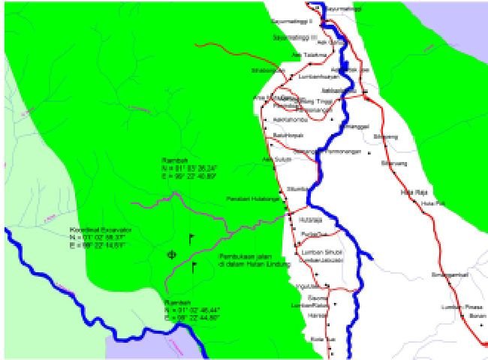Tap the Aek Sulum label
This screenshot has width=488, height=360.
tap(274, 159)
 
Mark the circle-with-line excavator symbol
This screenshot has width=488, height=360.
tap(172, 255)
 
